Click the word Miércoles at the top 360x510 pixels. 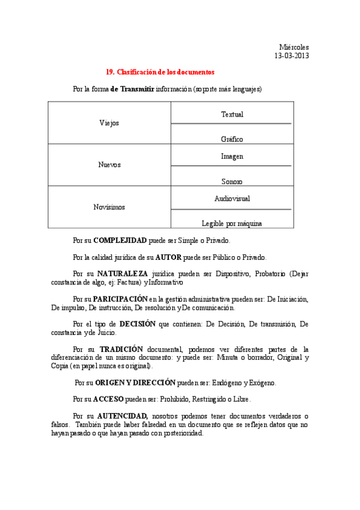(x=294, y=47)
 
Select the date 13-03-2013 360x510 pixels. (x=291, y=56)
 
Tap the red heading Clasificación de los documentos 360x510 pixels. (x=160, y=72)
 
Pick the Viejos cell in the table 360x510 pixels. (x=109, y=123)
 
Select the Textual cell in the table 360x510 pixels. (x=232, y=114)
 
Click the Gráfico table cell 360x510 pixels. (x=232, y=138)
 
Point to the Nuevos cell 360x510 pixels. (x=109, y=164)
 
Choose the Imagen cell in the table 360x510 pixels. (x=232, y=156)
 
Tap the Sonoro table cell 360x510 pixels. (x=232, y=180)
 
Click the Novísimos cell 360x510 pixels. (x=109, y=207)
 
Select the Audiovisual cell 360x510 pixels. (x=232, y=198)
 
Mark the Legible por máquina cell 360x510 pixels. (x=232, y=223)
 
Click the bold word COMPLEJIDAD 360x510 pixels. (x=120, y=240)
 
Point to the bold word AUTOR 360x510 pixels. (x=168, y=257)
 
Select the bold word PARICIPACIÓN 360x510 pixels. (x=120, y=298)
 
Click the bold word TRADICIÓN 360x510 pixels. (x=121, y=349)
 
